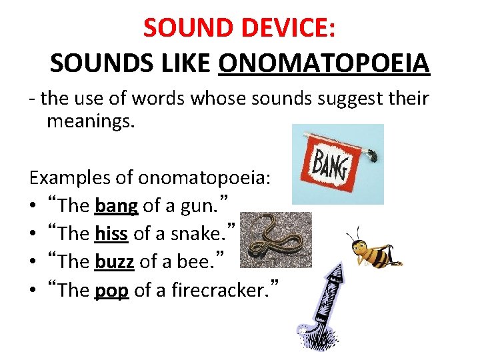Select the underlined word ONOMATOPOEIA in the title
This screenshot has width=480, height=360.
point(323,63)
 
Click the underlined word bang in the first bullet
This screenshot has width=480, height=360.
point(116,206)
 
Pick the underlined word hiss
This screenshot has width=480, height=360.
point(111,234)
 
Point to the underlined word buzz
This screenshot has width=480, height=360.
point(115,261)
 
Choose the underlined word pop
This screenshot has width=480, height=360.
point(112,290)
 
